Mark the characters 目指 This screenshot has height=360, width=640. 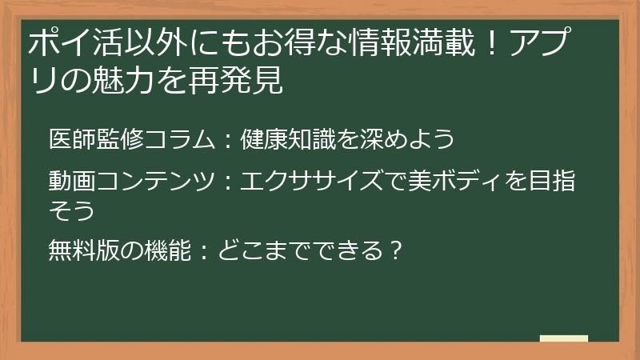[x=557, y=182]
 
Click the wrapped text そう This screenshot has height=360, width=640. [x=72, y=210]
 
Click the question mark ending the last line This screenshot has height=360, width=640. [x=392, y=252]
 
